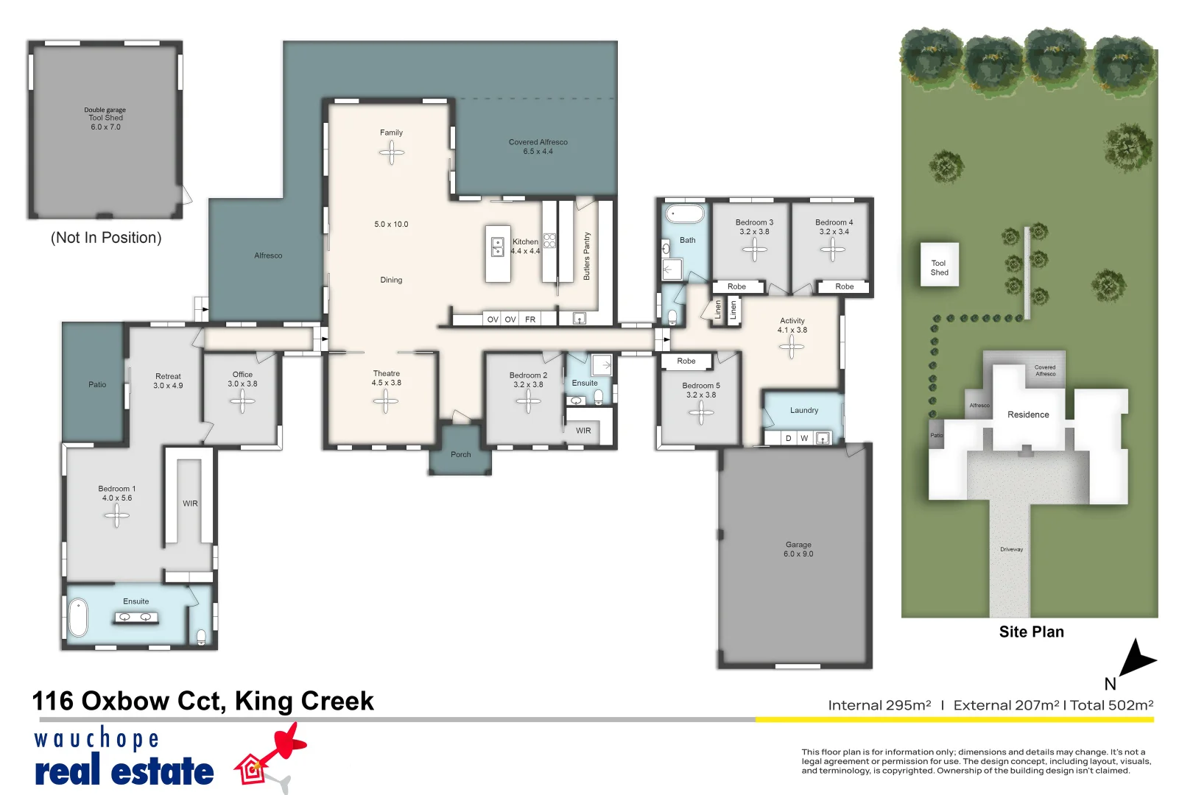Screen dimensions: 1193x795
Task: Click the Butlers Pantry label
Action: [586, 256]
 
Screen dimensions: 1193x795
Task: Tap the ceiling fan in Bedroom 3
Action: [754, 250]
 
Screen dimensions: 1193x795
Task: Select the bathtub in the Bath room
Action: [685, 214]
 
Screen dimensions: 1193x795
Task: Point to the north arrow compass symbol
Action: [1136, 659]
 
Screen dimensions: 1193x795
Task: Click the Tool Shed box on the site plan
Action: [940, 265]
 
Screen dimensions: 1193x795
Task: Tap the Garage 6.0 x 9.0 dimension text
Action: [798, 554]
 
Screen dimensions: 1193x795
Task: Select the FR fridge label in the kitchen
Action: [530, 319]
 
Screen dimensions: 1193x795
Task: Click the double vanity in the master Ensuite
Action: [136, 618]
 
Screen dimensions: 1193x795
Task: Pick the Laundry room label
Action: [803, 410]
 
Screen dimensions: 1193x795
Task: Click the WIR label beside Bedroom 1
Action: [190, 504]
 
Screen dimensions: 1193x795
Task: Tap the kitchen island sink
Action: [497, 247]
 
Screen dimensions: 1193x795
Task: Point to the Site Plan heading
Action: [1031, 632]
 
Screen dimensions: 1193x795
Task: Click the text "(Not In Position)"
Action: [106, 238]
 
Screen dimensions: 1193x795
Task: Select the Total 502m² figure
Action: [1111, 705]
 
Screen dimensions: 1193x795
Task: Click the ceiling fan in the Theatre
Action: [386, 401]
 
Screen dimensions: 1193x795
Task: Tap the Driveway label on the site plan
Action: [1011, 549]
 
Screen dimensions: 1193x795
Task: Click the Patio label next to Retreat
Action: [97, 384]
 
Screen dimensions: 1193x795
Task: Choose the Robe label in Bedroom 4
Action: [844, 286]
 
